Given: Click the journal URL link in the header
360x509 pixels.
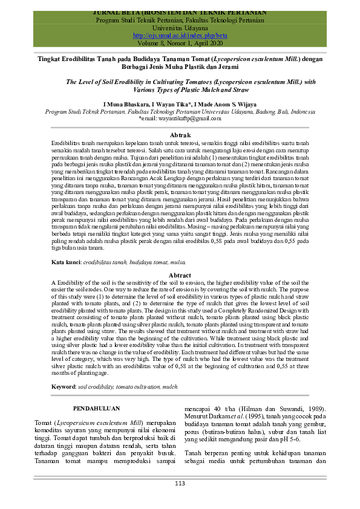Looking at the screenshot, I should [x=180, y=36].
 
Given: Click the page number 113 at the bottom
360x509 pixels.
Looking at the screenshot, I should [x=180, y=483].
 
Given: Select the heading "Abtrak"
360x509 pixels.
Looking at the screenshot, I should [x=181, y=134].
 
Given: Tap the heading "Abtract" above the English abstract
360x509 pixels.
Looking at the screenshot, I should [x=181, y=275].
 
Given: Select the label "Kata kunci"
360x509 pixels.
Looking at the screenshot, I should [x=66, y=262].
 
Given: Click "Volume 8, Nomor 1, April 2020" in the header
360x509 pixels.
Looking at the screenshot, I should [x=180, y=44].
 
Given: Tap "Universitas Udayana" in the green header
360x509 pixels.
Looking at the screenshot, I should [x=180, y=28].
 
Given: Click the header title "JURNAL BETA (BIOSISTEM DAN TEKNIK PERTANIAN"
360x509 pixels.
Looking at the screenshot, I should [x=180, y=12].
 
